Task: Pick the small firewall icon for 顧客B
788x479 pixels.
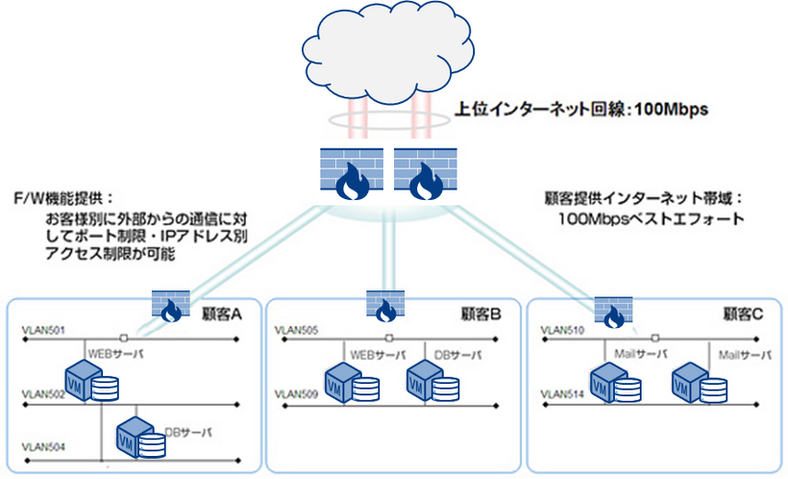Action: (x=383, y=304)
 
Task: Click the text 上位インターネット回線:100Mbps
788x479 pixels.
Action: (x=580, y=111)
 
